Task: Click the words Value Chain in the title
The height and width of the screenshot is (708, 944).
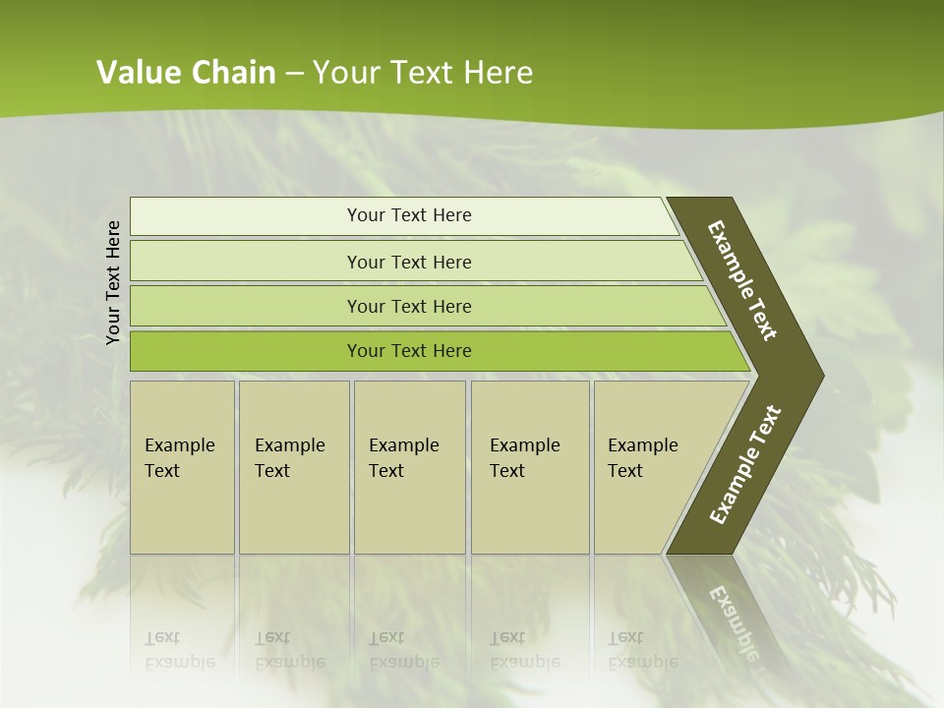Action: click(186, 73)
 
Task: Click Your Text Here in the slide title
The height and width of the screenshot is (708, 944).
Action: click(423, 73)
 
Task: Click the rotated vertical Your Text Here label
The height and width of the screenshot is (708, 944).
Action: click(113, 282)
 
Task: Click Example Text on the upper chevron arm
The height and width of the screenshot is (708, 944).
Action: click(742, 280)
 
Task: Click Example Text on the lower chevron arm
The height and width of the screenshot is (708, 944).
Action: click(744, 465)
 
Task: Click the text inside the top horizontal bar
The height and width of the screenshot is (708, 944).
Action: click(409, 215)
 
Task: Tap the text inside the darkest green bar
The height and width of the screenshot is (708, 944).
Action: click(409, 351)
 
